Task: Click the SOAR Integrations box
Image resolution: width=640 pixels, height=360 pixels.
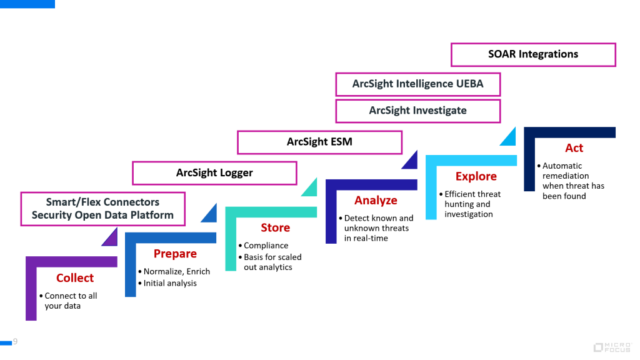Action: point(533,54)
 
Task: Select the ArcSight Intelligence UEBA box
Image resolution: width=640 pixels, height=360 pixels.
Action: point(417,84)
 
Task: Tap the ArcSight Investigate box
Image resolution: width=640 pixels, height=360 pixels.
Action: point(417,111)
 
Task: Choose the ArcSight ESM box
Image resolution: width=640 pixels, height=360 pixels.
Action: point(319,142)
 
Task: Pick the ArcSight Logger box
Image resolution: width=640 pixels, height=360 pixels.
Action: point(214,172)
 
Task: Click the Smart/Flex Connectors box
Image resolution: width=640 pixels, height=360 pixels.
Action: point(102,209)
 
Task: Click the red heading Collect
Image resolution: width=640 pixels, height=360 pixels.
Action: point(75,278)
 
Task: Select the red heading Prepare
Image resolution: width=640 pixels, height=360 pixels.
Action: point(175,254)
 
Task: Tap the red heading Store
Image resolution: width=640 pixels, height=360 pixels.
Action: point(275,227)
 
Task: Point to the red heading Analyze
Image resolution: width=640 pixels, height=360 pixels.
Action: point(376,201)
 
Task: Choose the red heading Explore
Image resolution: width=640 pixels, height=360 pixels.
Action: point(476,176)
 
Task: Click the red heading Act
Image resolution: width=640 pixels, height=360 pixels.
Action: point(574,148)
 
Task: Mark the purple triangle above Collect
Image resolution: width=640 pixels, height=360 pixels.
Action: point(111,238)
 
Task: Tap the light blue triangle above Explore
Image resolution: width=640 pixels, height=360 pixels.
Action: point(509,137)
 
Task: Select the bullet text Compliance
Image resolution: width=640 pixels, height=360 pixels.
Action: point(266,246)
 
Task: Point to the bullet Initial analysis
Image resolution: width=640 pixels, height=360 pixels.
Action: point(170,283)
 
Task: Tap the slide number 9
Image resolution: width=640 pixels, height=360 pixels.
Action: point(15,341)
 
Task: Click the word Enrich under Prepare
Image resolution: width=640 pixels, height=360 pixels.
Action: point(197,272)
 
